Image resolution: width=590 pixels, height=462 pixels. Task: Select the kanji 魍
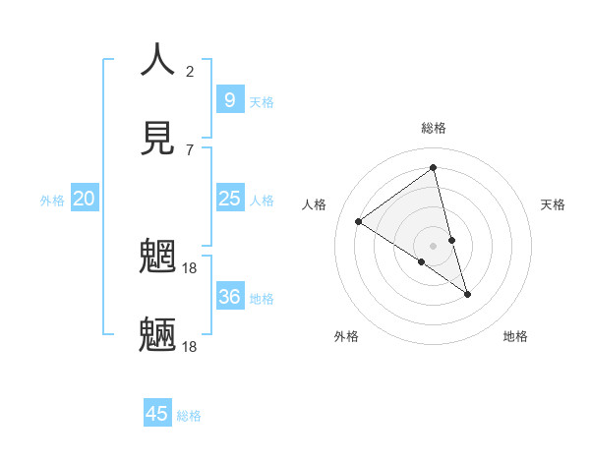157,258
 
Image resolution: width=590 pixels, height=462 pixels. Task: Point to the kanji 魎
157,334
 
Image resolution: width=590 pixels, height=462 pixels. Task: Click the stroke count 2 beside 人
190,71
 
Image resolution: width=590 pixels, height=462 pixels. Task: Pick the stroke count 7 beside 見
190,149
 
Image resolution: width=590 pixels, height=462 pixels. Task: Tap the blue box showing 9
229,99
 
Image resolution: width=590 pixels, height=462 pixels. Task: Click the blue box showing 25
229,199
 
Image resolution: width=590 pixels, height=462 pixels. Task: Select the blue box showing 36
229,296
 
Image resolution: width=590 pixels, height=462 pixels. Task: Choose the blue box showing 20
85,199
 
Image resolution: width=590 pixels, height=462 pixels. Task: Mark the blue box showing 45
157,414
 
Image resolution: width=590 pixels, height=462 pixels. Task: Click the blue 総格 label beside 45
189,416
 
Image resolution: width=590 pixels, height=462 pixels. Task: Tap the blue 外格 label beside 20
52,201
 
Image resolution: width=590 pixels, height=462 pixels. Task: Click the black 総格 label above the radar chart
434,128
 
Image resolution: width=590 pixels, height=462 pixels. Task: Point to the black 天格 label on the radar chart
553,204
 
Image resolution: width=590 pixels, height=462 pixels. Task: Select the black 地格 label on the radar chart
515,336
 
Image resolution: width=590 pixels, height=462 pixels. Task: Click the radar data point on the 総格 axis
434,168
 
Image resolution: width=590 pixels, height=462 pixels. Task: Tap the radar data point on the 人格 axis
359,221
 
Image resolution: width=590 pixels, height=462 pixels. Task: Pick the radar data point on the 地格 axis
468,294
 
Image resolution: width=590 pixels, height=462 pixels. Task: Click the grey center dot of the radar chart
434,245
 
